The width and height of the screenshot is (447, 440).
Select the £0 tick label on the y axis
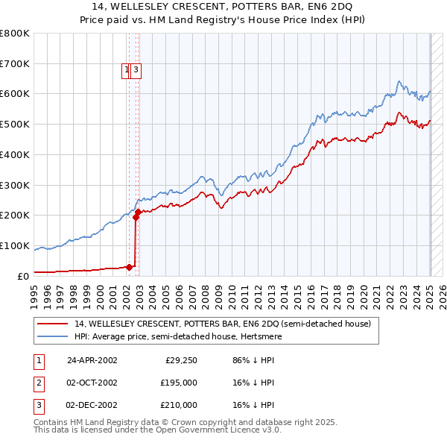pyautogui.click(x=24, y=276)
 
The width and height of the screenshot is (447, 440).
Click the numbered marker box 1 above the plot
pyautogui.click(x=127, y=71)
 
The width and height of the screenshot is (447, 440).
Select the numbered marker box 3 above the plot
pyautogui.click(x=137, y=71)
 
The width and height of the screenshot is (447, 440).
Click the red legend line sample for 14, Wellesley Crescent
pyautogui.click(x=52, y=324)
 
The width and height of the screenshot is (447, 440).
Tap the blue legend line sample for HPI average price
pyautogui.click(x=52, y=336)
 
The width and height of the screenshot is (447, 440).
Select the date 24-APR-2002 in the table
pyautogui.click(x=92, y=360)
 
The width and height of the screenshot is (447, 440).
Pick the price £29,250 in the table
pyautogui.click(x=180, y=360)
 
